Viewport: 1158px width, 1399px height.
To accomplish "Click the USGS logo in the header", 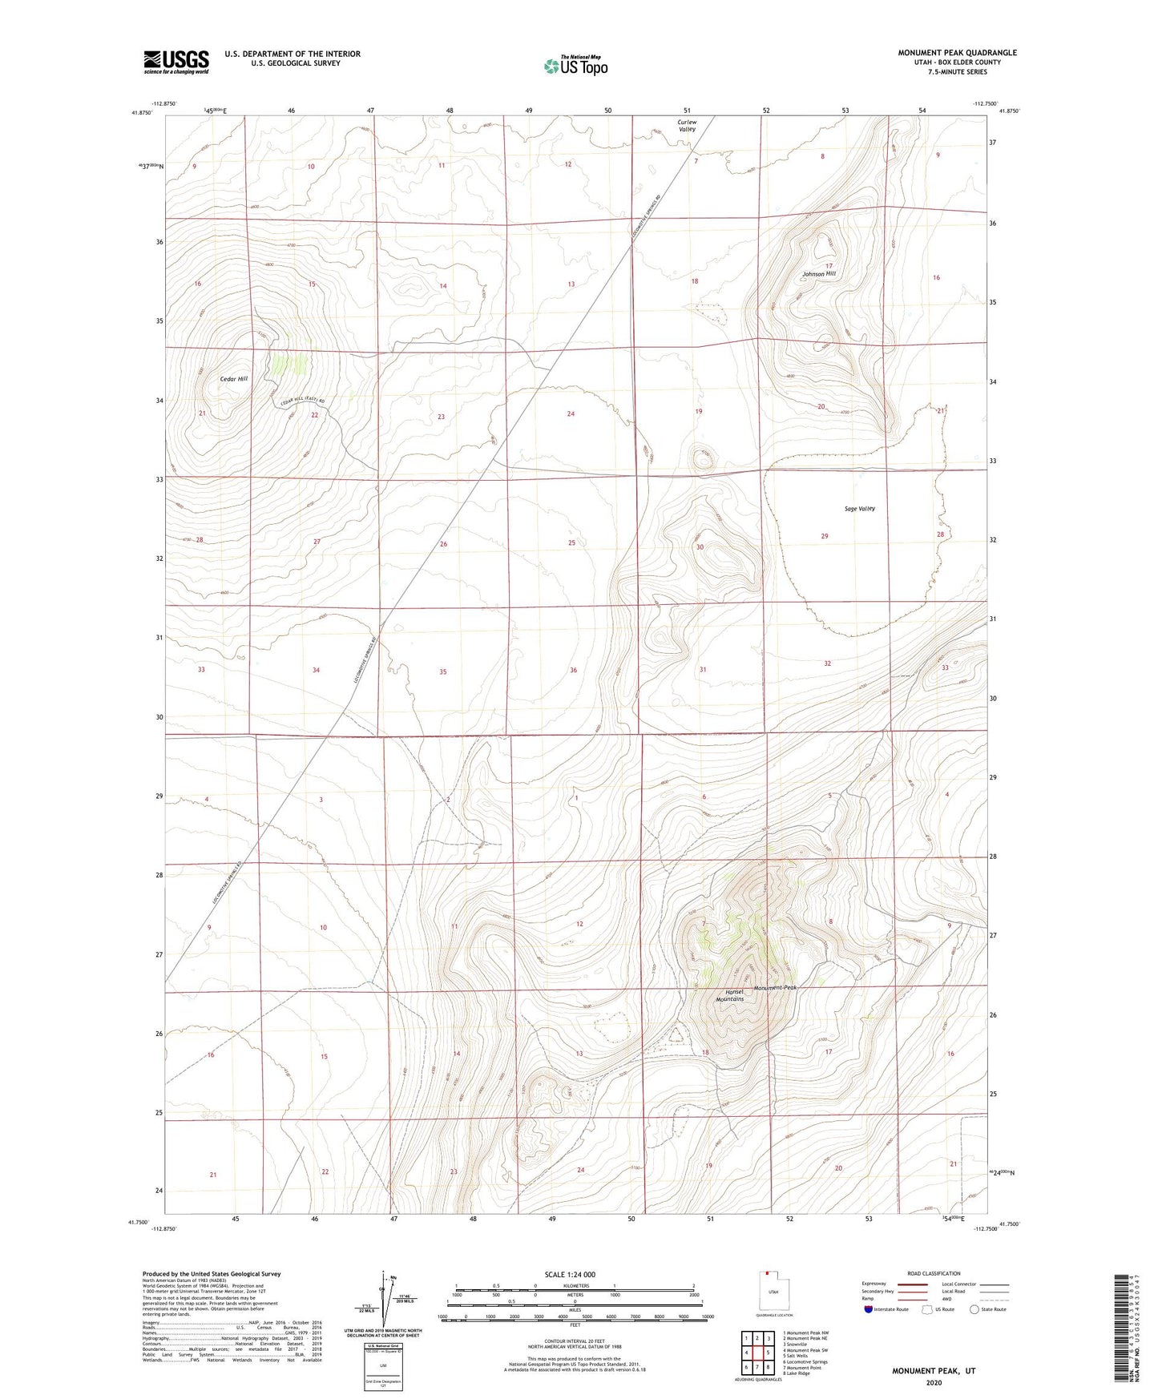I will pyautogui.click(x=176, y=62).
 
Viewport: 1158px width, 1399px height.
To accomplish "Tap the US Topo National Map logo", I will pyautogui.click(x=575, y=66).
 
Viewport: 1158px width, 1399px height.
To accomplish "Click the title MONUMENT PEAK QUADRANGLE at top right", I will pyautogui.click(x=957, y=53).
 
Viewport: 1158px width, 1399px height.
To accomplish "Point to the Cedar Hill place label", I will pyautogui.click(x=234, y=379).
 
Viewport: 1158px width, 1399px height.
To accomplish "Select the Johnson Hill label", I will pyautogui.click(x=819, y=274).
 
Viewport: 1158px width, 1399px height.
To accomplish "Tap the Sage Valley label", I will pyautogui.click(x=859, y=509).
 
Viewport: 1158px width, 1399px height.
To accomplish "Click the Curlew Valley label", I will pyautogui.click(x=687, y=126).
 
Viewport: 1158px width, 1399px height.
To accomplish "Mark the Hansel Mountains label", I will pyautogui.click(x=730, y=996).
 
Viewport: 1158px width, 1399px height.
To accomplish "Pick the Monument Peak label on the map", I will pyautogui.click(x=775, y=988).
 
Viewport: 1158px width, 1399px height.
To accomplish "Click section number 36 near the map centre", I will pyautogui.click(x=573, y=671).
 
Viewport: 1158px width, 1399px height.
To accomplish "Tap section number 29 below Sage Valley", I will pyautogui.click(x=825, y=536).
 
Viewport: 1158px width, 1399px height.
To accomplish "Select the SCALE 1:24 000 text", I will pyautogui.click(x=570, y=1274).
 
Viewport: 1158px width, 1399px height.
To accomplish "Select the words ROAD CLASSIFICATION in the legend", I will pyautogui.click(x=934, y=1273).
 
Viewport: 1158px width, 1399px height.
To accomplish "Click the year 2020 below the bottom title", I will pyautogui.click(x=934, y=1382).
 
